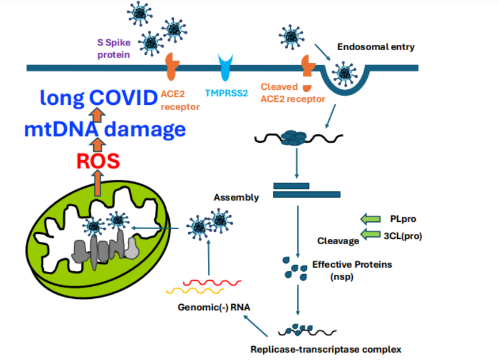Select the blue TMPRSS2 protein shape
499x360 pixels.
click(x=226, y=68)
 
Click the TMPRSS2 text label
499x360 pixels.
click(x=226, y=92)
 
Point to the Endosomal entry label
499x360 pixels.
click(x=375, y=47)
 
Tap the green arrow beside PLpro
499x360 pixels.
click(x=371, y=218)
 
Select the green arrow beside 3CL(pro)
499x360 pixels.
click(x=371, y=234)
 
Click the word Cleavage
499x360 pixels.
click(x=338, y=241)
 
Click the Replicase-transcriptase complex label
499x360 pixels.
click(x=325, y=349)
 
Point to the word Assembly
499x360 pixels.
click(x=236, y=198)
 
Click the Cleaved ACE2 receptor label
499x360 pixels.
click(x=292, y=93)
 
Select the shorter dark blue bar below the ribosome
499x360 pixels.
click(x=291, y=185)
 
